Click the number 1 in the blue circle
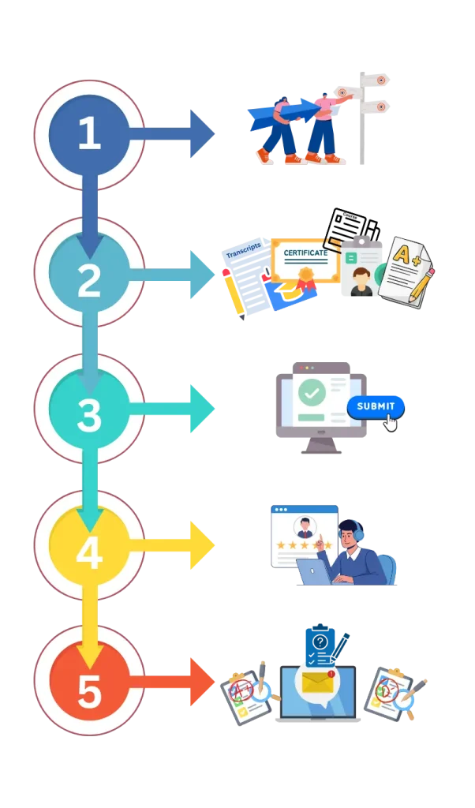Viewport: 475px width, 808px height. point(89,134)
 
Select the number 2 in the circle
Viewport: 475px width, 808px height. point(89,279)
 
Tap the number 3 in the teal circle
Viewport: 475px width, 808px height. point(89,415)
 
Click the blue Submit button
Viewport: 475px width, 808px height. point(376,406)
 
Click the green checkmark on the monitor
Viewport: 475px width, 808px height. point(312,391)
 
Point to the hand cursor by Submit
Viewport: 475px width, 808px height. point(391,423)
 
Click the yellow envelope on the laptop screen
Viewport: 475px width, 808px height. point(316,681)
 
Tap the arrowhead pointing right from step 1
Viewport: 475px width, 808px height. point(202,135)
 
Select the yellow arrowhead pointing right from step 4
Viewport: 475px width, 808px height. point(202,544)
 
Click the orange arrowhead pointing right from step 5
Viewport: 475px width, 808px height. point(202,682)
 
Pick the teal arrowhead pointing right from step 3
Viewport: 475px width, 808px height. point(202,408)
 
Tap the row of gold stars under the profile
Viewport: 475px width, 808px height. point(303,545)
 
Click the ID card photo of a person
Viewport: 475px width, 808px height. point(361,281)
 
